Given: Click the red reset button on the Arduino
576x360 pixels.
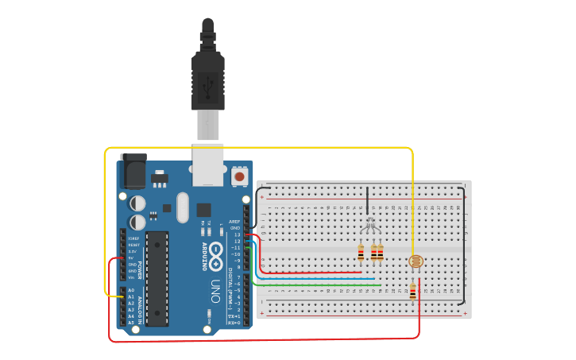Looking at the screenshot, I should coord(239,176).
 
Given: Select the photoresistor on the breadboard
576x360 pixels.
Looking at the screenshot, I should coord(413,261).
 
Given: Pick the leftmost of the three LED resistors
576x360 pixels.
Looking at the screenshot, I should coord(361,253).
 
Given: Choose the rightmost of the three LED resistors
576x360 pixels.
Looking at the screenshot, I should coord(381,253).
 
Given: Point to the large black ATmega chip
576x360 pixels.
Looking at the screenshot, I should coord(157,278).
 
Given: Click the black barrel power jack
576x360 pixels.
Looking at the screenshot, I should coord(133,169).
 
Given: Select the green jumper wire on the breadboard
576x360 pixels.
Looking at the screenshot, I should coord(318,285).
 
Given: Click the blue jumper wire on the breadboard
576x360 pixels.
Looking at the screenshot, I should coord(318,279).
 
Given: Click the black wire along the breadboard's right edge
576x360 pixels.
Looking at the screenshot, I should coord(465,246).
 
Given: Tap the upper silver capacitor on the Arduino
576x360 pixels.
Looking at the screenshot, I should coord(137,203).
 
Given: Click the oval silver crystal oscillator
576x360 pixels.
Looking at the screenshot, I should coord(183,207).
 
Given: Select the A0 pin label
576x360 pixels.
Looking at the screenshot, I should coord(131,290).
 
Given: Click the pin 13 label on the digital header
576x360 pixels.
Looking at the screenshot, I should coord(237,234).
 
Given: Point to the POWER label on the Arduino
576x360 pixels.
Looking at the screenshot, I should coord(141,270).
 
